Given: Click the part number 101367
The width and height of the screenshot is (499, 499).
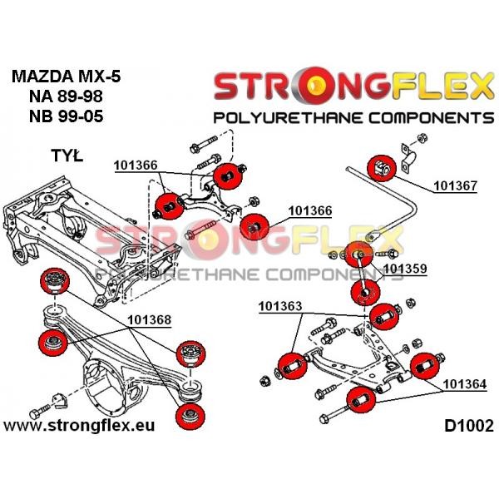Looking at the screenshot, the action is (456, 185).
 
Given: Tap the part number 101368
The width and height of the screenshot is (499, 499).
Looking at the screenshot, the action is (149, 320).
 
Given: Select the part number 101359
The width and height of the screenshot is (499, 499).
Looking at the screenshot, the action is (405, 269).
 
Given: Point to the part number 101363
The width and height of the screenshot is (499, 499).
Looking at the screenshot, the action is (280, 306).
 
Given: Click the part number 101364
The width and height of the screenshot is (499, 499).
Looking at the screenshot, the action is (465, 384).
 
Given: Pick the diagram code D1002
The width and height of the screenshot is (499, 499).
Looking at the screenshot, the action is (469, 426).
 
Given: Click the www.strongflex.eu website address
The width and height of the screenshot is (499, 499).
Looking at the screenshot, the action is (79, 426).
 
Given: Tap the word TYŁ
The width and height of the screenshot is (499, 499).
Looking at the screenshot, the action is (67, 156).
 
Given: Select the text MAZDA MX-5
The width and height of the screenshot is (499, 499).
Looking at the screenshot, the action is (67, 77).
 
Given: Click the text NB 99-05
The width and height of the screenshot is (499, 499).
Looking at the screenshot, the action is (67, 116).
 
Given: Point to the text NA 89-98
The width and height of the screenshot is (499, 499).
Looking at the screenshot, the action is (66, 96).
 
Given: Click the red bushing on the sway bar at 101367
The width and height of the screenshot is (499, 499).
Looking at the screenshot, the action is (382, 168).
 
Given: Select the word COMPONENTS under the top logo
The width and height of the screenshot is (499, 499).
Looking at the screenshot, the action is (432, 118).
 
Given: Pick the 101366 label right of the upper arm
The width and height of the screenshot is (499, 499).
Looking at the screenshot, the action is (309, 210).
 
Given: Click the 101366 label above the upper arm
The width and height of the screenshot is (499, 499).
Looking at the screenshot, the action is (136, 166).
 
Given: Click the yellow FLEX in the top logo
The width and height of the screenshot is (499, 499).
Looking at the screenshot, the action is (442, 86).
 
